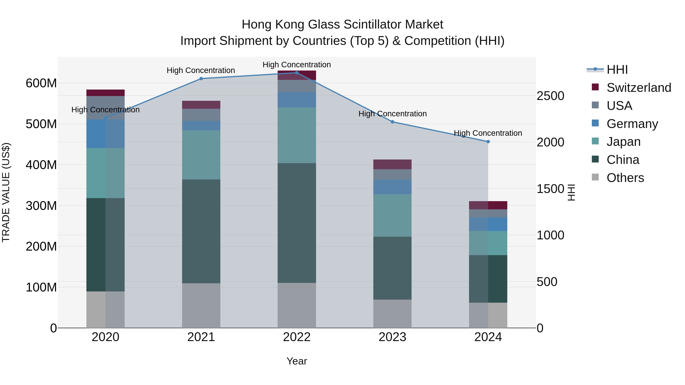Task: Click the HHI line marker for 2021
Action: tap(201, 79)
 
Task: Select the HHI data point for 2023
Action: tap(393, 122)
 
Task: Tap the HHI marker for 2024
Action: tap(488, 142)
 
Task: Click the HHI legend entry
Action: tap(617, 70)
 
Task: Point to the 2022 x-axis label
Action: tap(297, 337)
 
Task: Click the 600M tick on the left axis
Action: tap(41, 83)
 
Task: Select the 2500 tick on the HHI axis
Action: tap(550, 96)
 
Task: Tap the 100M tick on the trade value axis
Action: tap(41, 287)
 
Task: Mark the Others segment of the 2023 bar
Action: tap(393, 314)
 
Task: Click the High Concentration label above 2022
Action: tap(297, 65)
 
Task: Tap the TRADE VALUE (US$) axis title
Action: tap(6, 192)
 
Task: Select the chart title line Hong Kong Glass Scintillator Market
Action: tap(342, 25)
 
